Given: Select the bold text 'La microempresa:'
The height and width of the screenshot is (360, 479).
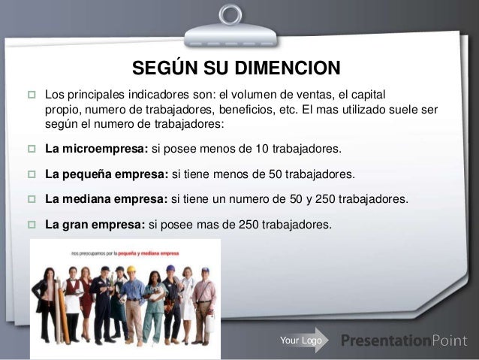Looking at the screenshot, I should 96,148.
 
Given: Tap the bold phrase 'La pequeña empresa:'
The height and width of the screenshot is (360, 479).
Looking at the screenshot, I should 107,174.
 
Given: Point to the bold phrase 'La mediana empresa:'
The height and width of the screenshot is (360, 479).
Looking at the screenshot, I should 107,200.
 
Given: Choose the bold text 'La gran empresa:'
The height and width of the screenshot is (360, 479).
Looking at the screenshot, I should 95,224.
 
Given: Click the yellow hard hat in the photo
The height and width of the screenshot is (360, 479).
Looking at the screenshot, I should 130,269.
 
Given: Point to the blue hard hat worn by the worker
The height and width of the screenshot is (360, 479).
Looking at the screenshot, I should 170,268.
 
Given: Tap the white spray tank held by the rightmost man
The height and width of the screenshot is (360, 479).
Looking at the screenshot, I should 209,323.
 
